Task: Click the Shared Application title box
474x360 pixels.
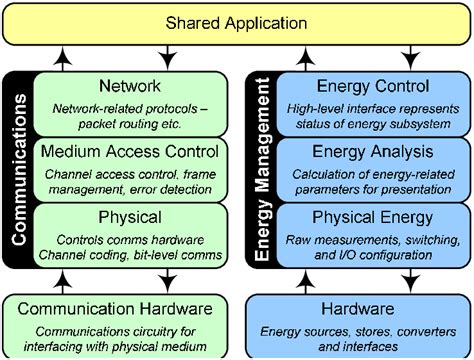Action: click(x=237, y=22)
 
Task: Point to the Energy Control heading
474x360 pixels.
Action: click(x=372, y=87)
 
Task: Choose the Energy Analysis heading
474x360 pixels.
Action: click(x=372, y=152)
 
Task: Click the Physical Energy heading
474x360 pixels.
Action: click(x=372, y=216)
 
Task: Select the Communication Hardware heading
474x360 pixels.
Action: click(x=121, y=310)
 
